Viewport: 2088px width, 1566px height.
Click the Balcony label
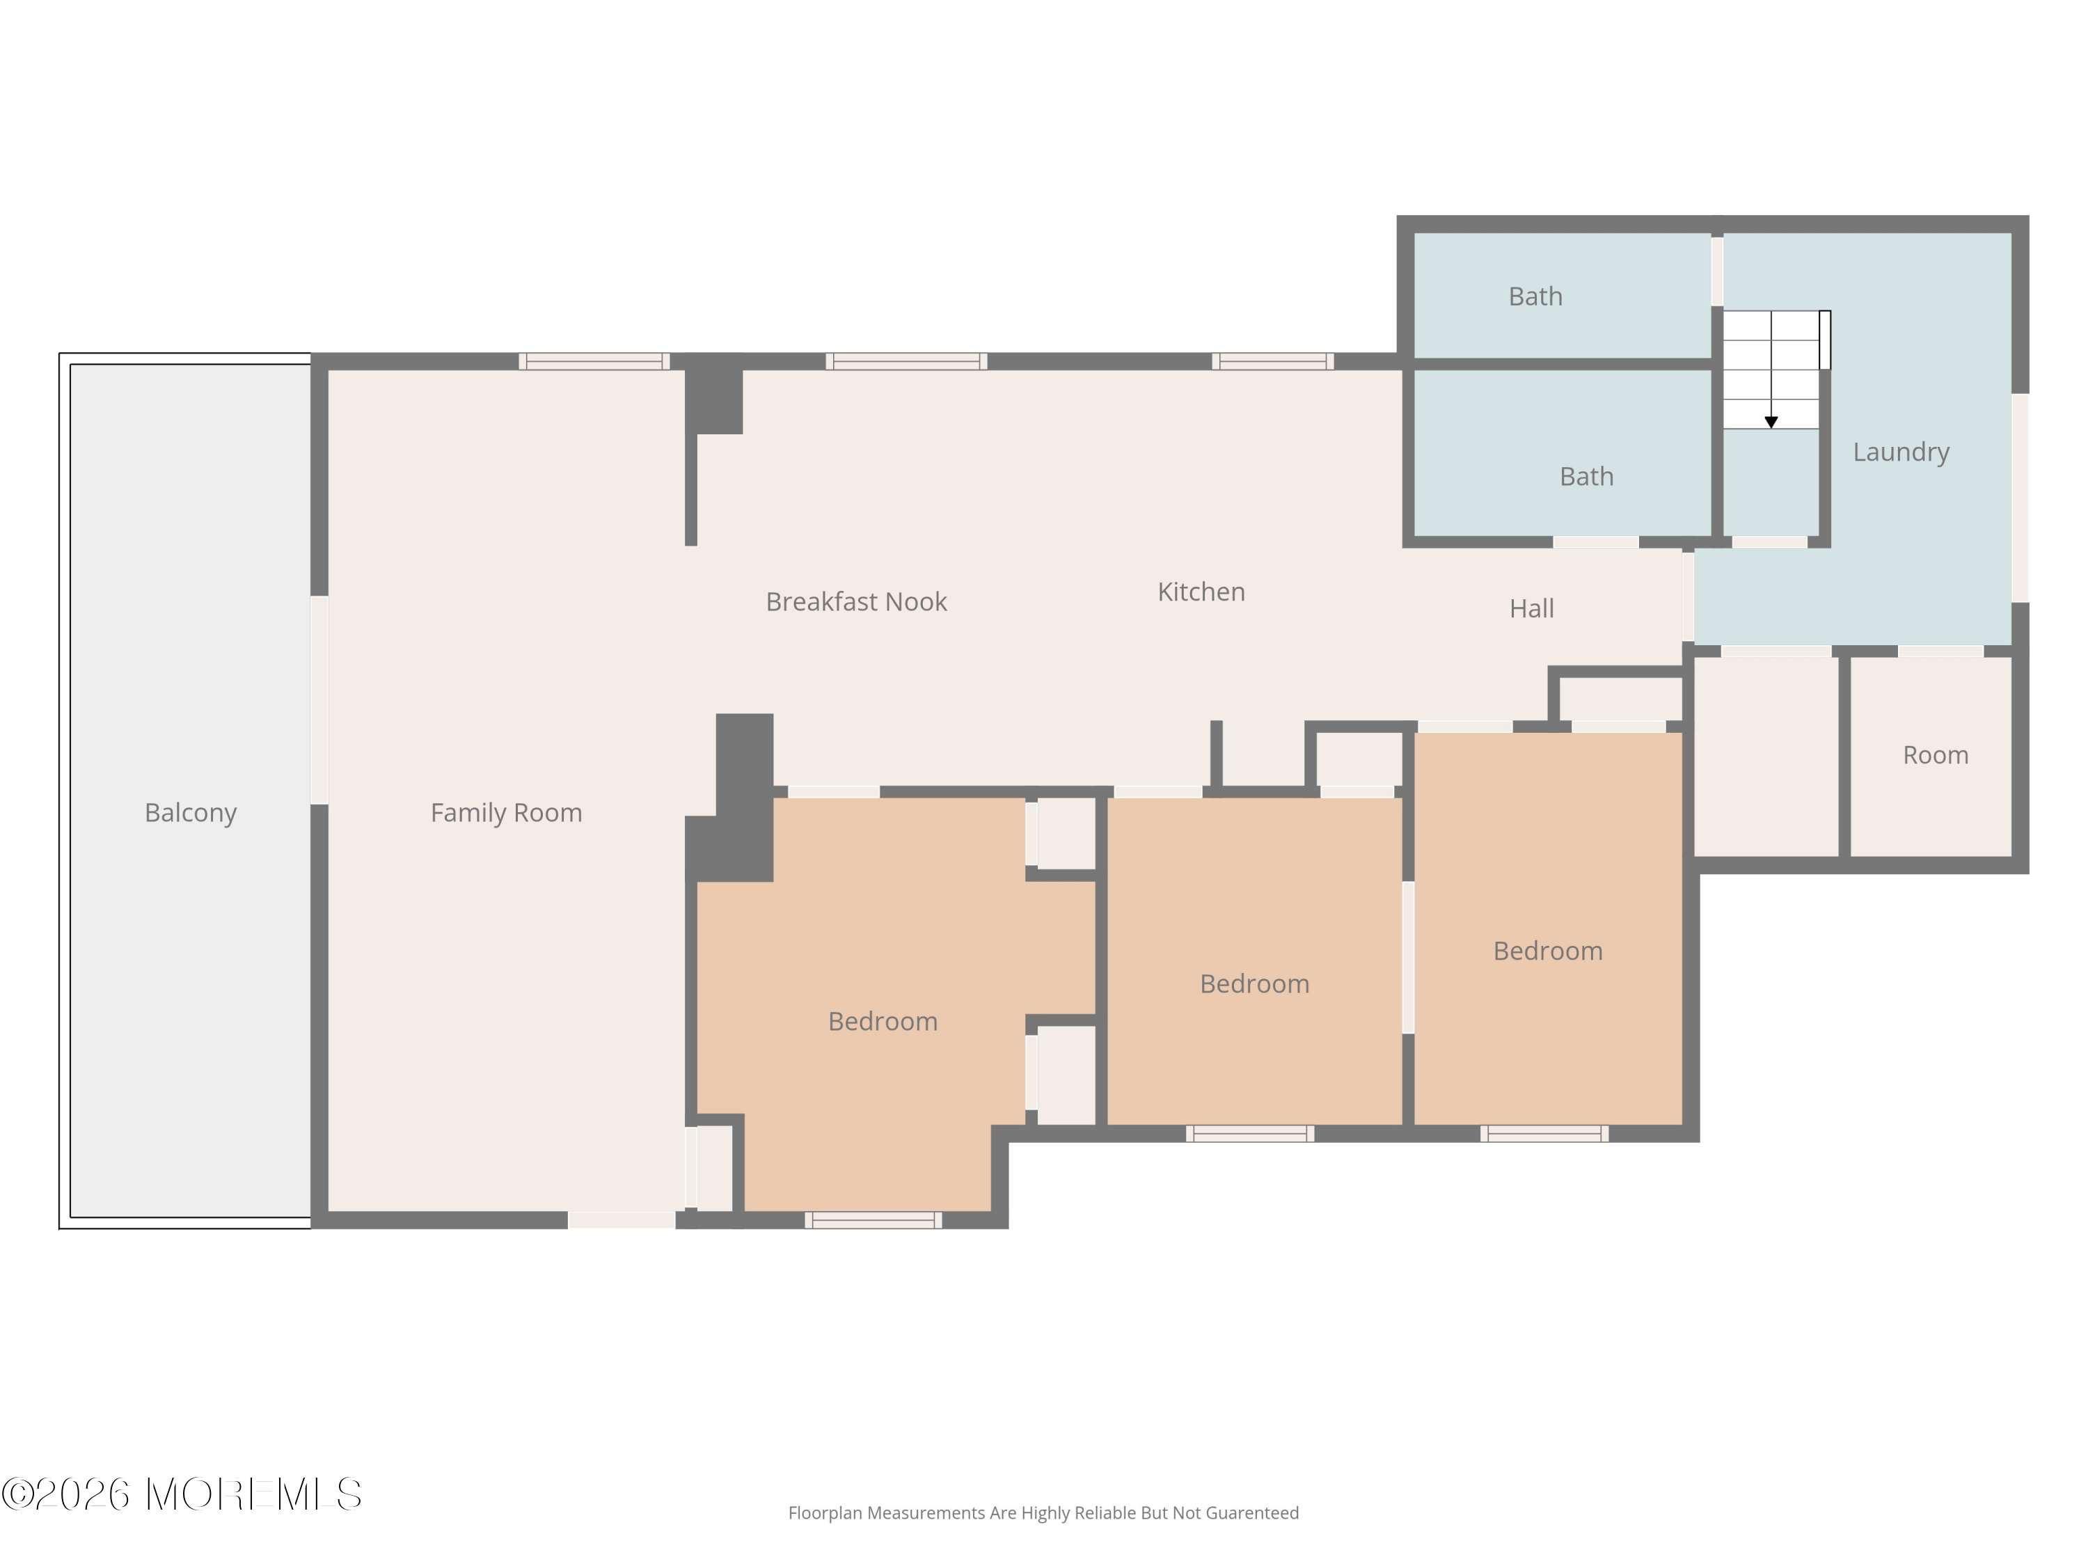[190, 813]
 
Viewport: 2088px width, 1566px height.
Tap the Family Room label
[506, 813]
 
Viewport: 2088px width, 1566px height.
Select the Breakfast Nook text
[856, 601]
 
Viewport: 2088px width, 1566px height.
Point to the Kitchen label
[1201, 592]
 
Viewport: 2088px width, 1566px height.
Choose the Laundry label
[1900, 452]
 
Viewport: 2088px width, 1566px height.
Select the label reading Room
[1935, 755]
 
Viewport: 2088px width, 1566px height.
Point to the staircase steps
[1771, 370]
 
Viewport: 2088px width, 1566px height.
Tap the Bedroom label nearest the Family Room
[883, 1021]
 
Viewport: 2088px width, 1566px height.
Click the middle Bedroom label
[1254, 983]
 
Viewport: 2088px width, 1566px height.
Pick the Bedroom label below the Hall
[1548, 951]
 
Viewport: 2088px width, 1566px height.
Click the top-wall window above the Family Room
[594, 361]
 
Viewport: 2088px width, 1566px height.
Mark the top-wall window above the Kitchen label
[1272, 361]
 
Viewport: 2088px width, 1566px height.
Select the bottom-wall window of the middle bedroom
[1250, 1134]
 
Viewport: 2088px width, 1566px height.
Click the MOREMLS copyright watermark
[181, 1494]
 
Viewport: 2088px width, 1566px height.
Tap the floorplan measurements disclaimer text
[1043, 1513]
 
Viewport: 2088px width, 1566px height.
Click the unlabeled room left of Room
[1766, 757]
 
